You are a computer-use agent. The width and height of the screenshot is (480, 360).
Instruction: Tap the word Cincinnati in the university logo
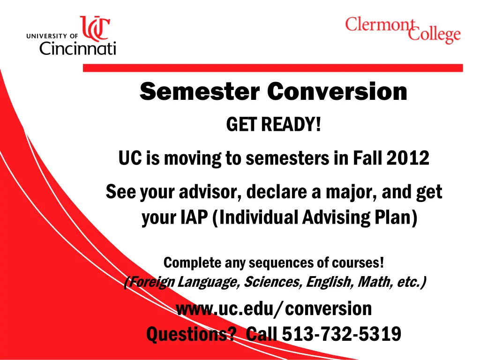77,48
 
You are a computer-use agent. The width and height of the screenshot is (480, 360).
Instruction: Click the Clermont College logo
403,29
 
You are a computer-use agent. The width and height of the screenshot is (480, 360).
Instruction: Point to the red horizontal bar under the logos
272,68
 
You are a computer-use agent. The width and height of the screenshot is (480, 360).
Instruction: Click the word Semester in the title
200,91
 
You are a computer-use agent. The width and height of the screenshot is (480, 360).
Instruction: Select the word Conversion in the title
337,91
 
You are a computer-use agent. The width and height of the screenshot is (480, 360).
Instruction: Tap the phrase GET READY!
274,125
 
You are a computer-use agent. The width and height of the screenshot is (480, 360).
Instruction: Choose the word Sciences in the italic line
273,283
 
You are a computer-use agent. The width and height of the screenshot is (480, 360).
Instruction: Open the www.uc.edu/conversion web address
274,309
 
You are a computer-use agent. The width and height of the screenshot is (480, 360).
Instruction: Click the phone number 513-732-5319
341,334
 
